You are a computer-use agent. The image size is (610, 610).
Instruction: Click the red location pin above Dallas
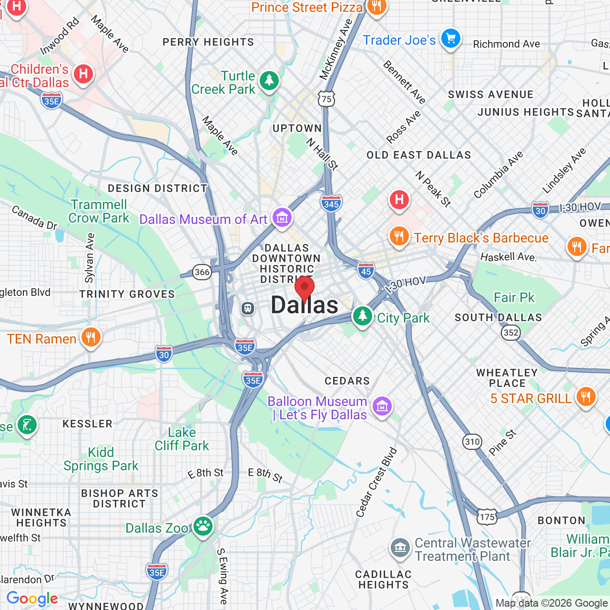pos(305,288)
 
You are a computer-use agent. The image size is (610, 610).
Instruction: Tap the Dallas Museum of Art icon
pos(282,218)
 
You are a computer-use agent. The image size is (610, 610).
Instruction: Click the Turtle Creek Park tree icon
pos(269,80)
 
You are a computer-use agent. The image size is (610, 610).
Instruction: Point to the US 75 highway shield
pos(326,99)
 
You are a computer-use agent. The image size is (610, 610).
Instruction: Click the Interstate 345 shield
pos(331,203)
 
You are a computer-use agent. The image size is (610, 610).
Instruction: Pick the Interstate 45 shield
pos(366,271)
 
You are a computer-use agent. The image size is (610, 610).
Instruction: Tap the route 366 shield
pos(202,272)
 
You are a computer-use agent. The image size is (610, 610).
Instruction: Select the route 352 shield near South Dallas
pos(511,332)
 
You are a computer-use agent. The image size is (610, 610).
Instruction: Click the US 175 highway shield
pos(487,517)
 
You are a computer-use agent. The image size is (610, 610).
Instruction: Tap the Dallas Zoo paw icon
pos(203,526)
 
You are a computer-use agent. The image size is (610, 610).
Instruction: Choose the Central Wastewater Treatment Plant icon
pos(400,548)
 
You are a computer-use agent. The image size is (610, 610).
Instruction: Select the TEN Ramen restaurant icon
pos(91,337)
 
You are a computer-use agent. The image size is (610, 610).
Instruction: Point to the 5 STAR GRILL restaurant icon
pos(586,396)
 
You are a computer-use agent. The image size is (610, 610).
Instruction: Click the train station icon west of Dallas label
pos(247,308)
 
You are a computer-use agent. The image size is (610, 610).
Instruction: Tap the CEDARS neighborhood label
pos(347,381)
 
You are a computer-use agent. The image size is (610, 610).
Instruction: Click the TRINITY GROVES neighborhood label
pos(127,294)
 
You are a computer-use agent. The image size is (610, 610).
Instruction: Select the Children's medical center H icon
pos(83,74)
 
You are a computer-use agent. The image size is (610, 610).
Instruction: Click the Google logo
pos(32,599)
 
